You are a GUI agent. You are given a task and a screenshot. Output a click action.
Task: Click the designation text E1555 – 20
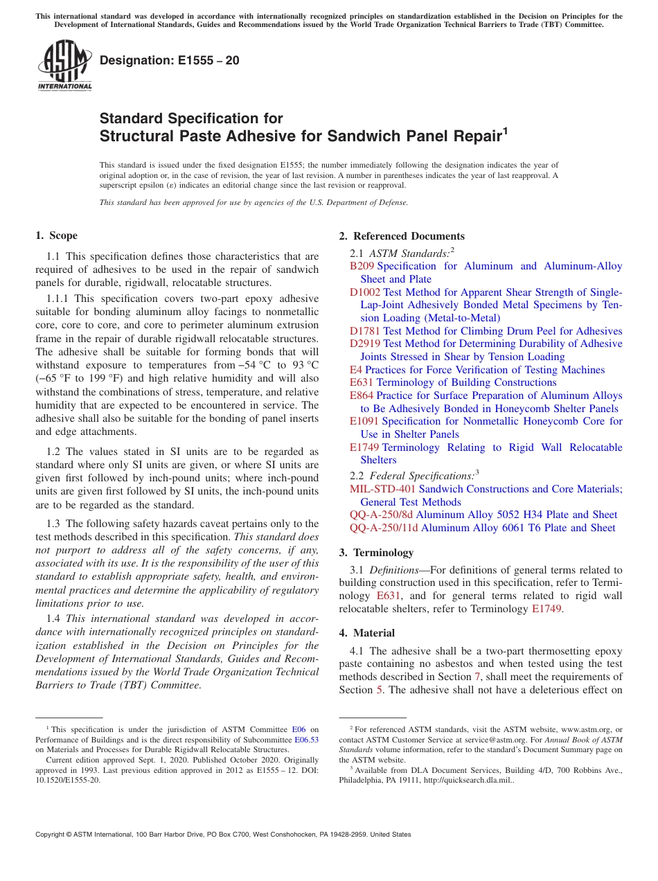(170, 60)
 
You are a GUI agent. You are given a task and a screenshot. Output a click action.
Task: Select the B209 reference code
(362, 266)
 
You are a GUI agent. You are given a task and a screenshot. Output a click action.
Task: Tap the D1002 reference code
(365, 292)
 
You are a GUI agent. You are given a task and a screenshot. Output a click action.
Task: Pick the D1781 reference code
(365, 331)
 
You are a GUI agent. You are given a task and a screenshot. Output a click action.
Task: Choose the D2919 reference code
(365, 344)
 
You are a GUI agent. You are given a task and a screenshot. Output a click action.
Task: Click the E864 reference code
(362, 395)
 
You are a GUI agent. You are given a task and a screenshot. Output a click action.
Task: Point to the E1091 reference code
(364, 421)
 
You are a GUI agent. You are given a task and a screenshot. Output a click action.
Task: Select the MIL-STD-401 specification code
(382, 489)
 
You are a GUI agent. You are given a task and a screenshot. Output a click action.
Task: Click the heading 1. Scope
(57, 235)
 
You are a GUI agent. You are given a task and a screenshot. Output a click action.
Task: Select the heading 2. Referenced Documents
(402, 236)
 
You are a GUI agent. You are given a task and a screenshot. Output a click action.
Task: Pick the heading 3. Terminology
(376, 553)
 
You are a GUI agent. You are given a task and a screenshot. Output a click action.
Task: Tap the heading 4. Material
(367, 633)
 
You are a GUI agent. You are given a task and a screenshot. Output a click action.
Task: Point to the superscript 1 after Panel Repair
(505, 130)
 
